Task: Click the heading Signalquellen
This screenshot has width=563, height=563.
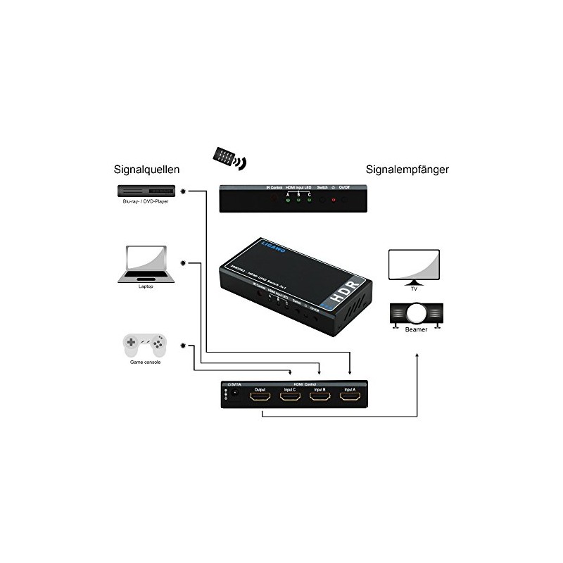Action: [x=146, y=170]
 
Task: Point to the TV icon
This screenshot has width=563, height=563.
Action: [x=415, y=265]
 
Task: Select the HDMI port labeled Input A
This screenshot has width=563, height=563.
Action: [x=350, y=398]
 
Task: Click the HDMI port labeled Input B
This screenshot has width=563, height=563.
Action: [x=320, y=398]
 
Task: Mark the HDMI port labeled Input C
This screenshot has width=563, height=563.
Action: [x=289, y=398]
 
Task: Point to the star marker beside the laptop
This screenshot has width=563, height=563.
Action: [x=184, y=263]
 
